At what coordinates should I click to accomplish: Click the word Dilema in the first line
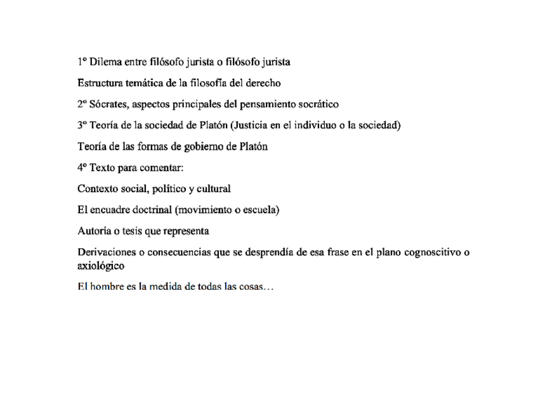106,62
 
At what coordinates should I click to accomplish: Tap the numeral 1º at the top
82,62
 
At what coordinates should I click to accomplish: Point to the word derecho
263,83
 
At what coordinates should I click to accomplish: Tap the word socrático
317,104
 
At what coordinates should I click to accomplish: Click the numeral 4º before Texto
82,168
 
